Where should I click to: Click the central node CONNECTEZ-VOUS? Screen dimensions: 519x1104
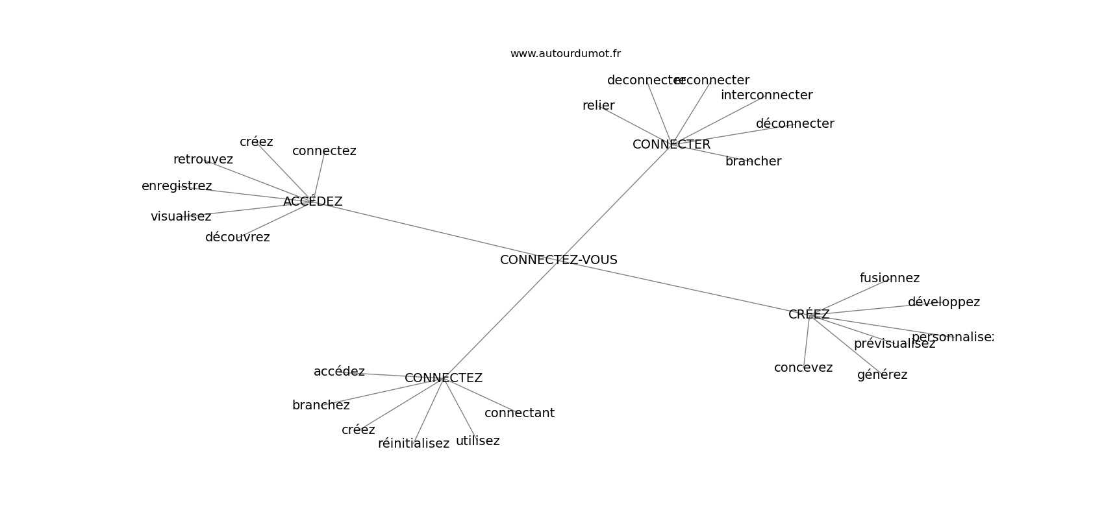(558, 260)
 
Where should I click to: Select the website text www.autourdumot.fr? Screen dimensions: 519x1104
(565, 54)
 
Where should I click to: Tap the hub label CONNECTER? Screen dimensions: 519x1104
(671, 145)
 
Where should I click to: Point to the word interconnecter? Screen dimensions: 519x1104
(766, 95)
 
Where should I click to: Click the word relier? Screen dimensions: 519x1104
(598, 106)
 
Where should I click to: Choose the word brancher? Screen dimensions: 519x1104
(753, 162)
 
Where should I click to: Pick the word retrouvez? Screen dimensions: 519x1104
(203, 160)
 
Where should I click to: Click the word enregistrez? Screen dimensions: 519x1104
(177, 186)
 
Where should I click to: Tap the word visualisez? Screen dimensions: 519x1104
(181, 217)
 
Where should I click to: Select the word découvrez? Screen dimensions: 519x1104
(237, 237)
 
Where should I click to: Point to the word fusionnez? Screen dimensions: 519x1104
(889, 278)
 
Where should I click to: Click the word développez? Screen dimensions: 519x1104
(944, 302)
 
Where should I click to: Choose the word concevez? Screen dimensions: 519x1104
(803, 368)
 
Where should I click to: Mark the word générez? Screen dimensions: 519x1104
(882, 375)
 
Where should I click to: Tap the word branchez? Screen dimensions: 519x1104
(321, 405)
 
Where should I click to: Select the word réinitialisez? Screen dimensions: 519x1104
(413, 444)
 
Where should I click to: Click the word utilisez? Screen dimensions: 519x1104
(477, 441)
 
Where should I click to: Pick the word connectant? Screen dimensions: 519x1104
(519, 413)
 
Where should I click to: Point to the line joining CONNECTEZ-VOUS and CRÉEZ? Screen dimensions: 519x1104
(682, 287)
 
